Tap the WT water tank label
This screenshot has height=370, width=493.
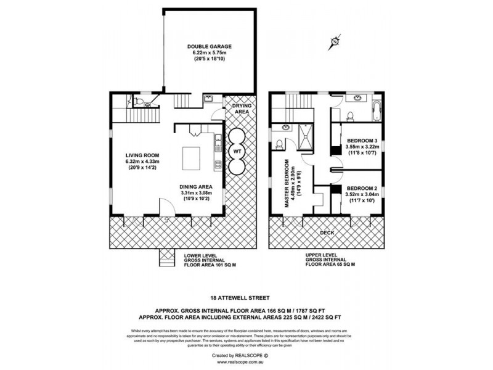click(x=236, y=150)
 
